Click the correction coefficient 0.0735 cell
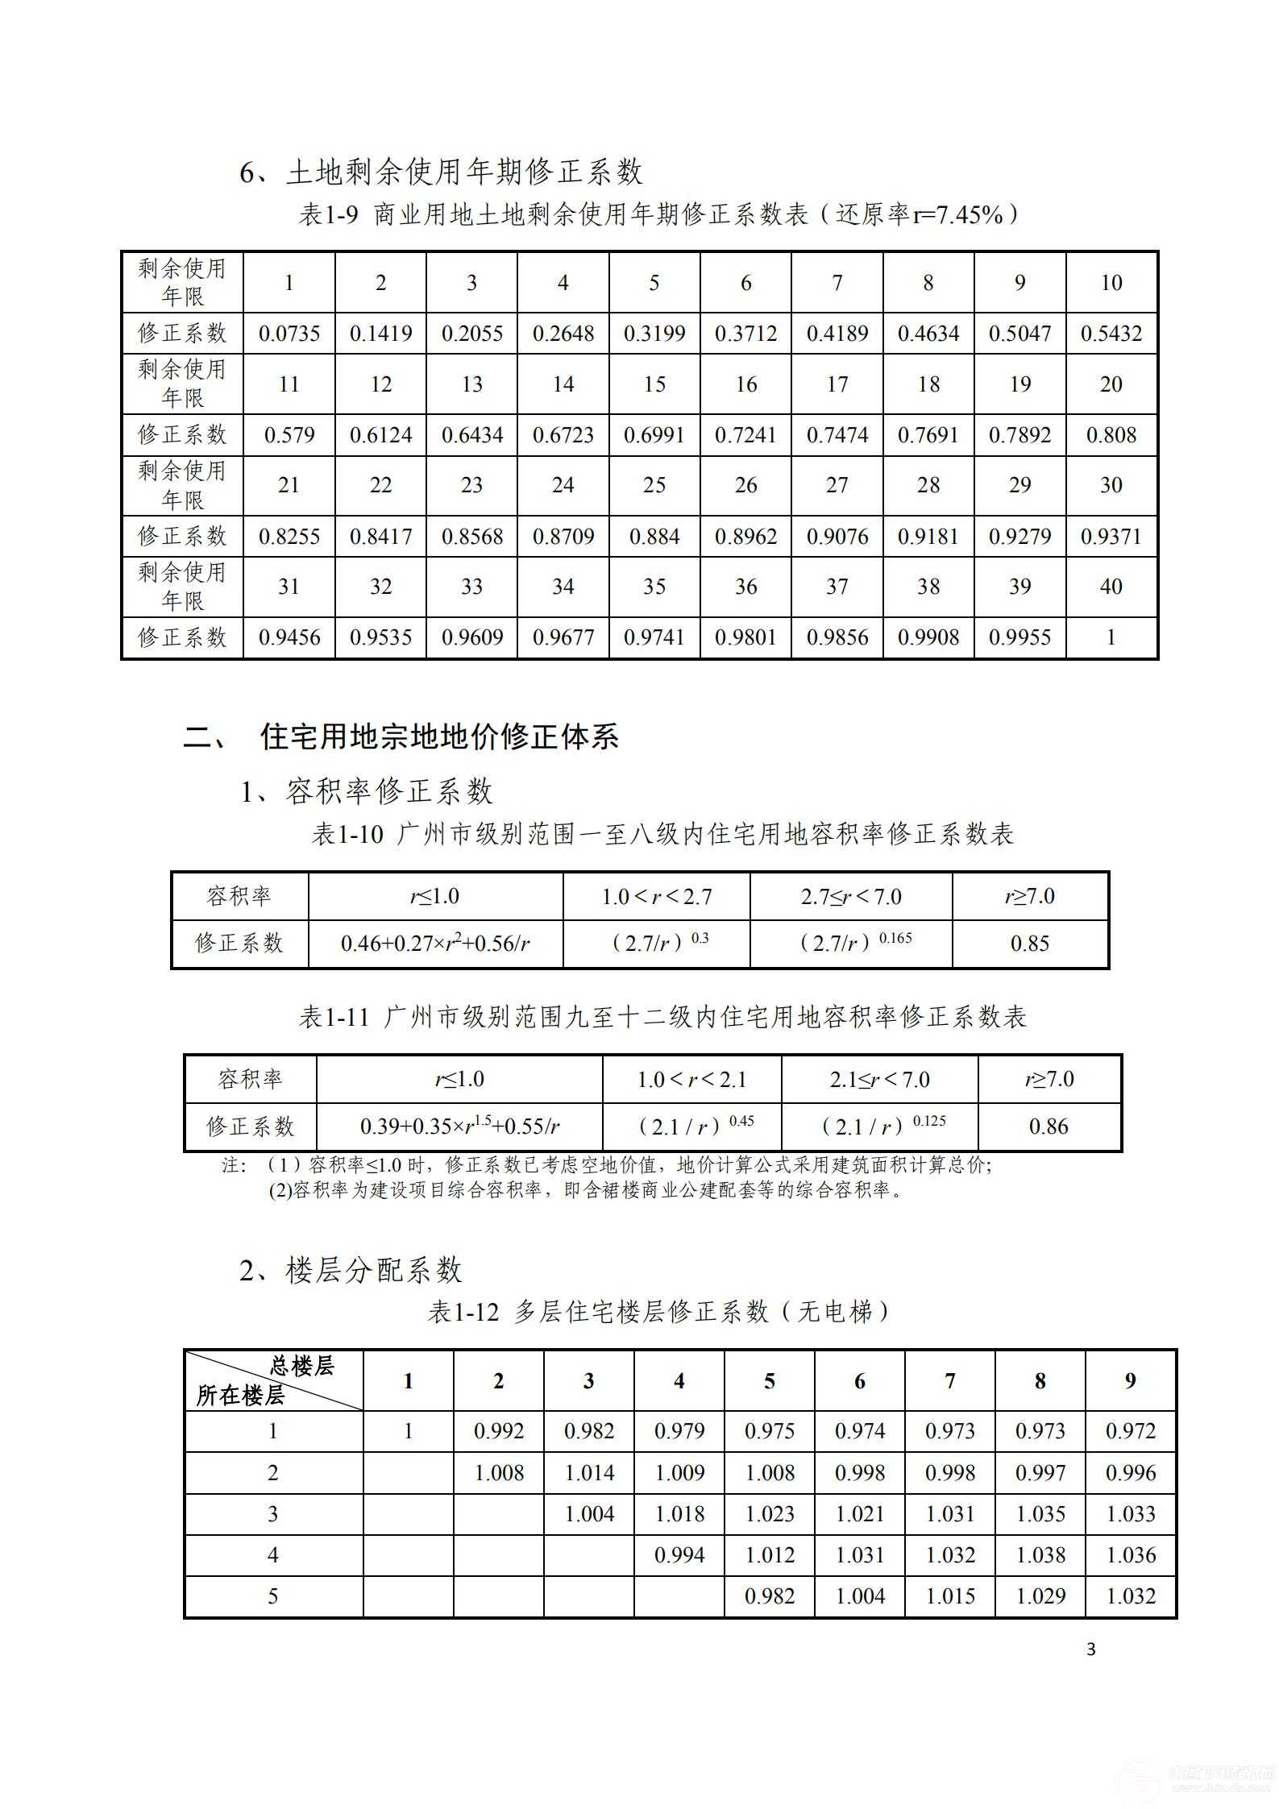[x=289, y=334]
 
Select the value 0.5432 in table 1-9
[x=1111, y=334]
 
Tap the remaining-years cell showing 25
[x=654, y=485]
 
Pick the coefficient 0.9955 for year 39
[x=1019, y=637]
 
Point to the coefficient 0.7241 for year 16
[x=745, y=435]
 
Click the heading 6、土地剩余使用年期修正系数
[x=441, y=172]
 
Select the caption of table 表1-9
[x=658, y=214]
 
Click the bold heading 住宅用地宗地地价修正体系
[x=439, y=736]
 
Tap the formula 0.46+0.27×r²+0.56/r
[x=435, y=944]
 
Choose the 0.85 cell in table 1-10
[x=1029, y=944]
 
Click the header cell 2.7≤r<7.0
[x=850, y=897]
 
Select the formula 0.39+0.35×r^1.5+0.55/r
[x=459, y=1126]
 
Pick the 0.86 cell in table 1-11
[x=1049, y=1126]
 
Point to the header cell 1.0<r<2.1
[x=691, y=1080]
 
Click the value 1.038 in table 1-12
[x=1040, y=1555]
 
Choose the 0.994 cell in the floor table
[x=679, y=1555]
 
